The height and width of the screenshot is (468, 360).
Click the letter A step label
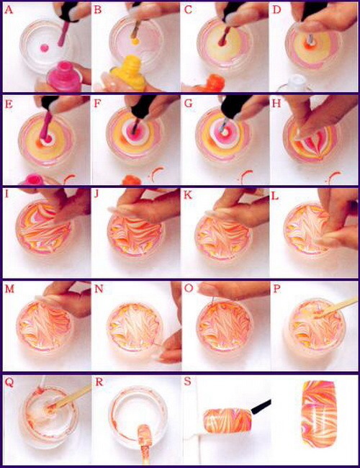click(9, 10)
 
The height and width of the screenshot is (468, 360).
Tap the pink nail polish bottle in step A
click(65, 76)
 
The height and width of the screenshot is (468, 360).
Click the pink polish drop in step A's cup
click(45, 48)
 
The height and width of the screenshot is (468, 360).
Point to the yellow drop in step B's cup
click(135, 40)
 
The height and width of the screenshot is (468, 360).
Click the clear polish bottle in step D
click(295, 83)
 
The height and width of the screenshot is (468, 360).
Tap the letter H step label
click(276, 103)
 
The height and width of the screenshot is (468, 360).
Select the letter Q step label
click(9, 382)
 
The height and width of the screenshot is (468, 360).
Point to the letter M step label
click(9, 289)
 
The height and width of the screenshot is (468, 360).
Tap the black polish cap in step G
click(236, 105)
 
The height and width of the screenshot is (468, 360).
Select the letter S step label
click(187, 382)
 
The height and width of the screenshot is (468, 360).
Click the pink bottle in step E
click(34, 179)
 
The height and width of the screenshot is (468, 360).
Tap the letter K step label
click(188, 196)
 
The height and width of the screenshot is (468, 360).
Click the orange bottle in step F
click(131, 180)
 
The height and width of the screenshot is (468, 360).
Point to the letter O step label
click(189, 289)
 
